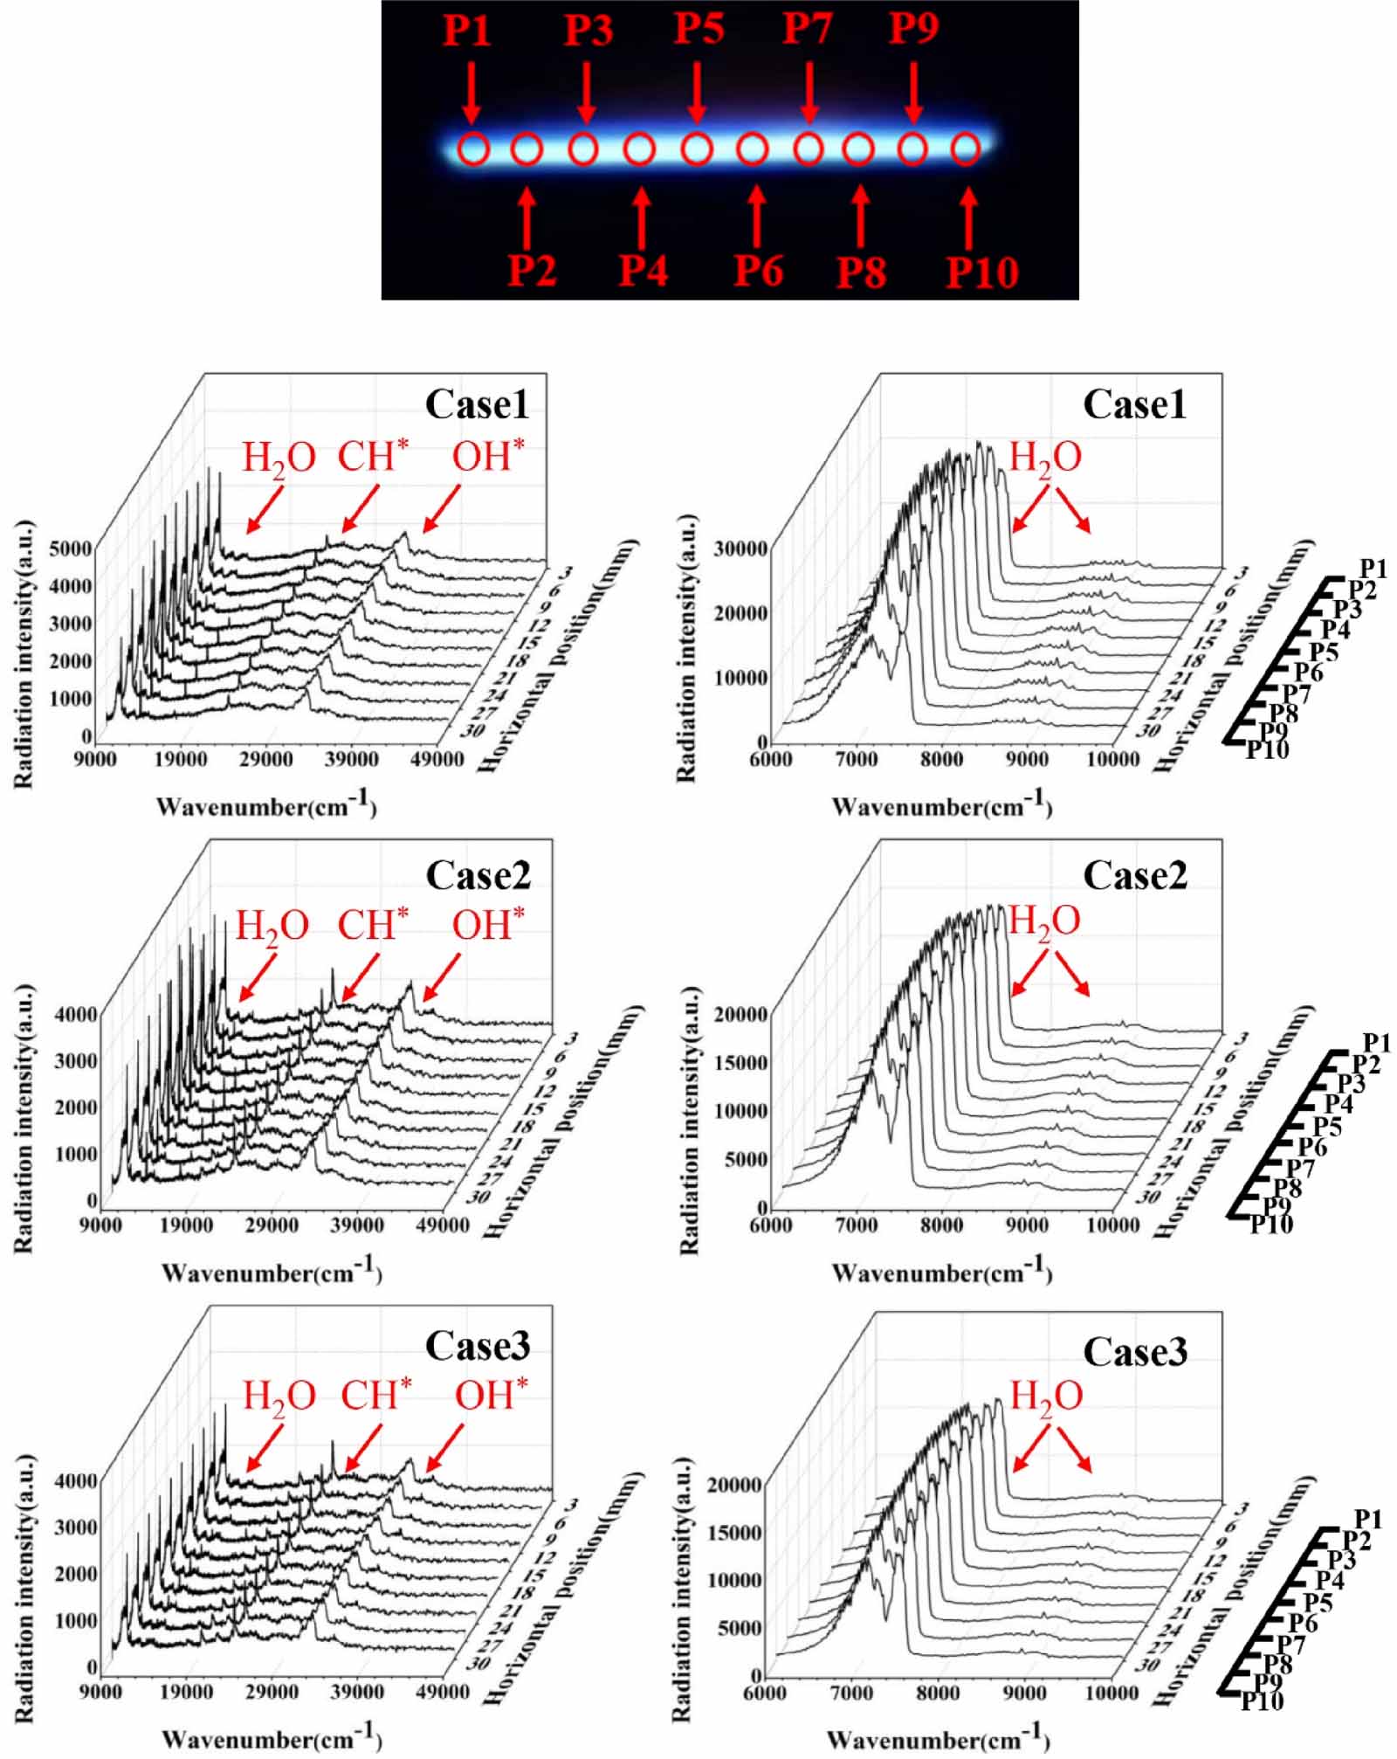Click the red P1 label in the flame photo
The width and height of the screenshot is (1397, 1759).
point(467,31)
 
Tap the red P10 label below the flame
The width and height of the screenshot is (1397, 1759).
point(982,273)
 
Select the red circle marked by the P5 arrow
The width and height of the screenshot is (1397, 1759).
point(696,149)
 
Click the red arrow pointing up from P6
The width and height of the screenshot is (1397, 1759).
point(757,218)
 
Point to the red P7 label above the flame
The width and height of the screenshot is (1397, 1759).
point(806,28)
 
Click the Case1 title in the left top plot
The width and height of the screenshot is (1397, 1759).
point(477,404)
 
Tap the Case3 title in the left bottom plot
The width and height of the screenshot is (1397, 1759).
point(477,1346)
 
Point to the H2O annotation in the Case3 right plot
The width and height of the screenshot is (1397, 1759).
point(1046,1396)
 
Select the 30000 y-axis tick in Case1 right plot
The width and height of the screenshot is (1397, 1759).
point(740,548)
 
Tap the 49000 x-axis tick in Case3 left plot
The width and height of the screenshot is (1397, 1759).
point(443,1692)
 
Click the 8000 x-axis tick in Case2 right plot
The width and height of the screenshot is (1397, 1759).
point(942,1224)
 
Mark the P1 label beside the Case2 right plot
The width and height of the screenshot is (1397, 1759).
point(1377,1043)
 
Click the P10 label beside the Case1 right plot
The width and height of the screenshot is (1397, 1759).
point(1267,749)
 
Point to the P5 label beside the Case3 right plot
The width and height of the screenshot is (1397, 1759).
point(1318,1602)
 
